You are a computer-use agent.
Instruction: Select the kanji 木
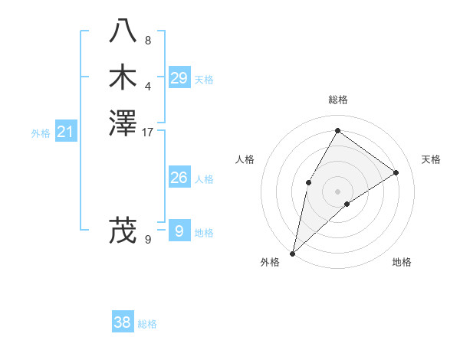point(123,78)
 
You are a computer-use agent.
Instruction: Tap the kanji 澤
point(123,123)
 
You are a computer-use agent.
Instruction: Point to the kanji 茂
point(123,231)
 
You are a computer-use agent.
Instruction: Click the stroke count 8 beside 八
point(148,41)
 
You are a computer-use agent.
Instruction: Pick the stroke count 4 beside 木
point(148,86)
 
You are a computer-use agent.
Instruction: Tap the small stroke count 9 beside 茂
point(148,239)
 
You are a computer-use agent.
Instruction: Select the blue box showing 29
point(179,78)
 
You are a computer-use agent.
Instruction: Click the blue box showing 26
point(179,178)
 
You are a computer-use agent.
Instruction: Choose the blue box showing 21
point(66,133)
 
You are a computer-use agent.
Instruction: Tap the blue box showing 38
point(123,322)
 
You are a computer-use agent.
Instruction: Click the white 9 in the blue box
point(179,231)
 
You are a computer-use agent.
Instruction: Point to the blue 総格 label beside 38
point(148,324)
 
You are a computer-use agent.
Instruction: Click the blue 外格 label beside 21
point(41,133)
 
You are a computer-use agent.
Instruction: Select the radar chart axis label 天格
point(432,159)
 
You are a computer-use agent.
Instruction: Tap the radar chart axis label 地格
point(402,262)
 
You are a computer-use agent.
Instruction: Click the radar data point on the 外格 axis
point(292,253)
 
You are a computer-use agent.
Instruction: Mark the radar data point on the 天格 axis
point(396,172)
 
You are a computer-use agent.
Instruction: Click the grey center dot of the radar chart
point(337,191)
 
